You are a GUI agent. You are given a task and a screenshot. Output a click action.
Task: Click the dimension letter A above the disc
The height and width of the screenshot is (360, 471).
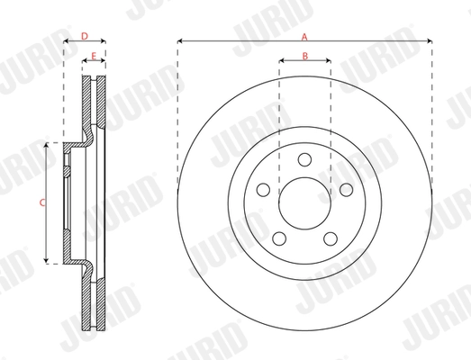pyautogui.click(x=304, y=36)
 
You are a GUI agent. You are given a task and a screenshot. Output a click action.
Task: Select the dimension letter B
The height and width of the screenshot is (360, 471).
pyautogui.click(x=304, y=57)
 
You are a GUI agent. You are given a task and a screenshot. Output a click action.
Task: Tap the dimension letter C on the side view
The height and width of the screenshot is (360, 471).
pyautogui.click(x=41, y=203)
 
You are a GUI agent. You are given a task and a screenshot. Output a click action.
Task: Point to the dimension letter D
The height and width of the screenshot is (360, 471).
pyautogui.click(x=84, y=36)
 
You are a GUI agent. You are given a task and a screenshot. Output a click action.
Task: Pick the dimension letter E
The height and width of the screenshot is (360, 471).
pyautogui.click(x=94, y=57)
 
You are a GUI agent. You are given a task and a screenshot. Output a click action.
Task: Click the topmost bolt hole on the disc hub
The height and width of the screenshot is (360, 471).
pyautogui.click(x=304, y=159)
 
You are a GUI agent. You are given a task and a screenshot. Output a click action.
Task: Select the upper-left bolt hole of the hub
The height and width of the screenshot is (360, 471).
pyautogui.click(x=263, y=189)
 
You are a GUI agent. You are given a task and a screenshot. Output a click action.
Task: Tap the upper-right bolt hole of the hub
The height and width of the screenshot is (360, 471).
pyautogui.click(x=345, y=189)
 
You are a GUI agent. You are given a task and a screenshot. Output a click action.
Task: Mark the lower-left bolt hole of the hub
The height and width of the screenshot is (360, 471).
pyautogui.click(x=278, y=238)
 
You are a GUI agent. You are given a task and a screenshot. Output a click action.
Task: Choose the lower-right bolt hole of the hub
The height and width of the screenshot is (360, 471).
pyautogui.click(x=330, y=238)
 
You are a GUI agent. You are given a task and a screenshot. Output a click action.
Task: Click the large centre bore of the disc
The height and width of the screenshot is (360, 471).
pyautogui.click(x=304, y=202)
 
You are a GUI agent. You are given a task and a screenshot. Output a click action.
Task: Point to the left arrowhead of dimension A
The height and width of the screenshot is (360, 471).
pyautogui.click(x=180, y=41)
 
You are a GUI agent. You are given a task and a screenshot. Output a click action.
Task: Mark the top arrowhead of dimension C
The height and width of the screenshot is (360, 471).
pyautogui.click(x=48, y=145)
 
